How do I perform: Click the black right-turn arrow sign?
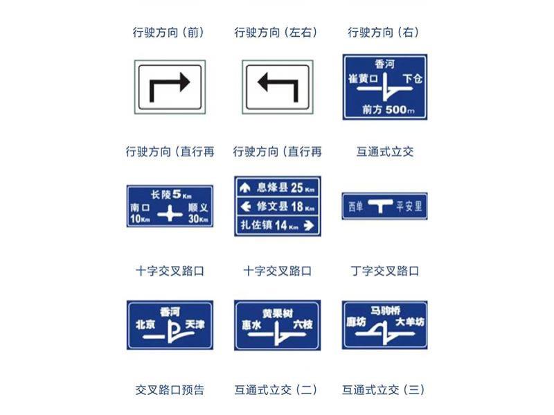(170, 86)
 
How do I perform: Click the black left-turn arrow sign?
(277, 86)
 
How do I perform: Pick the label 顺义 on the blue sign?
(198, 208)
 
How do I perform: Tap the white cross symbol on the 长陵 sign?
(170, 215)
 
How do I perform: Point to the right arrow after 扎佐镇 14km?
(309, 225)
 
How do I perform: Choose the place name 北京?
(145, 324)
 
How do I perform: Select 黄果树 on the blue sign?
(277, 312)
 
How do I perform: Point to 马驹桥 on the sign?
(386, 310)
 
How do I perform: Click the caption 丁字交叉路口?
(385, 271)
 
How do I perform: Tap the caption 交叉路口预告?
(170, 390)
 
